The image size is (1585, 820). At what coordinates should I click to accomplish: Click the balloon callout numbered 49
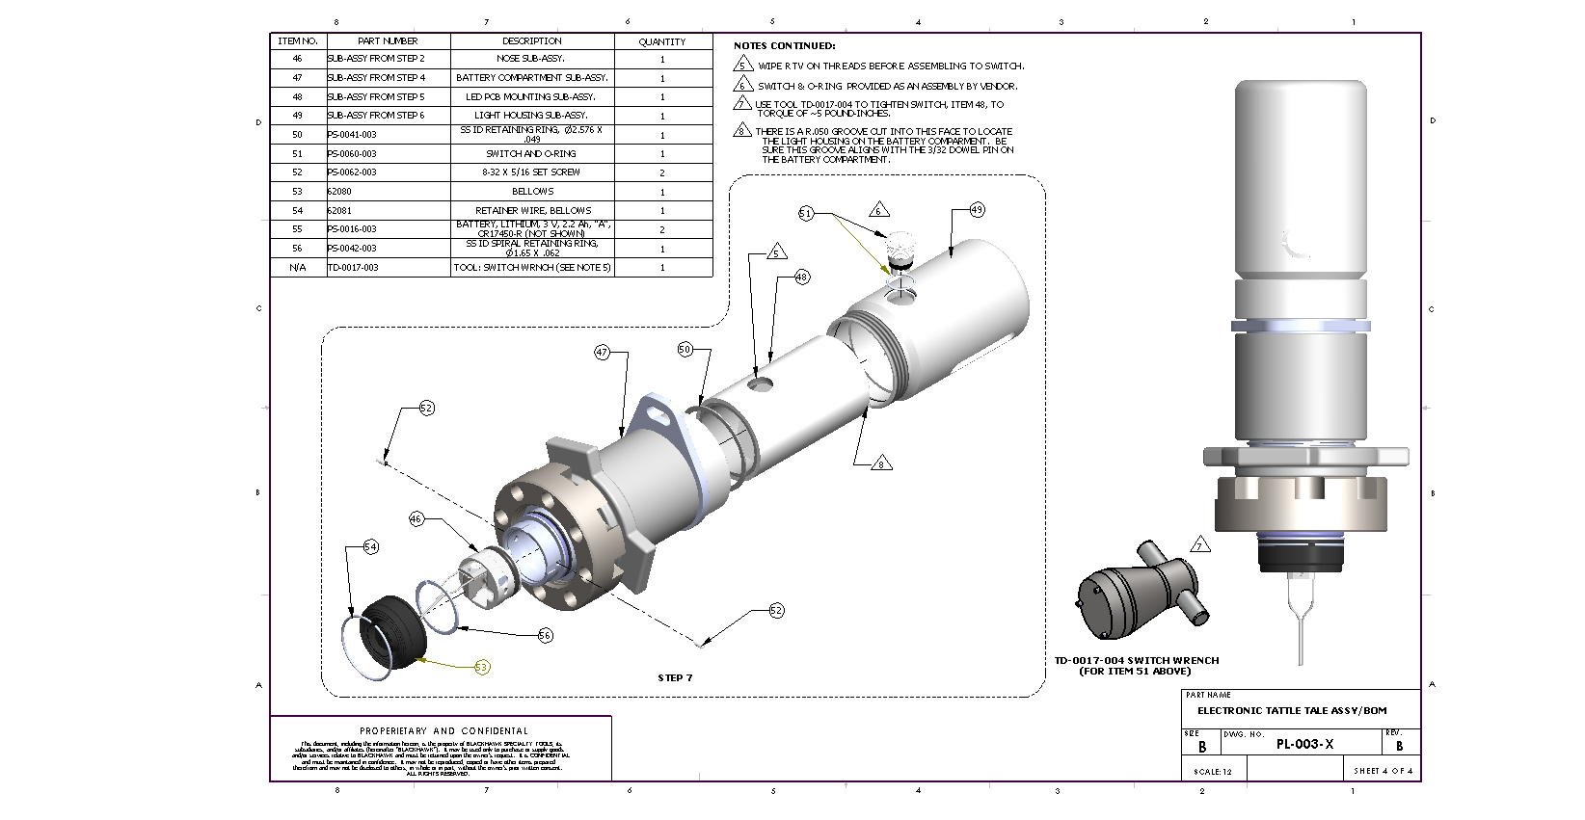(977, 210)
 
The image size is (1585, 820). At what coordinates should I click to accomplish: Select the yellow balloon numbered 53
(482, 667)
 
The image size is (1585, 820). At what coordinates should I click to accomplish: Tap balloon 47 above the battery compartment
(603, 353)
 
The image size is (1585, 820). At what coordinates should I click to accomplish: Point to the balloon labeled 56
(546, 635)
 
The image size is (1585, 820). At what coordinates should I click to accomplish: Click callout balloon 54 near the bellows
(370, 547)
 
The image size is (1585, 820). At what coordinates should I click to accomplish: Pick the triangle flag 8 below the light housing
(880, 463)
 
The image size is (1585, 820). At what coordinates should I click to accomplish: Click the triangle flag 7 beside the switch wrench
(1200, 545)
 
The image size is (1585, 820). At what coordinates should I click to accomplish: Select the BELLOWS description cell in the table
(532, 192)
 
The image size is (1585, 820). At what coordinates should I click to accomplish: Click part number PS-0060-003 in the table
(352, 154)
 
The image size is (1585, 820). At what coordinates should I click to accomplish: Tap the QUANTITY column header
(662, 41)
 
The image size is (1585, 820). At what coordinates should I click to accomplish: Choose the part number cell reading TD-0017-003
(353, 268)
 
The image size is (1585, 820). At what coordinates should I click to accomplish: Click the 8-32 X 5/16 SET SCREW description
(532, 172)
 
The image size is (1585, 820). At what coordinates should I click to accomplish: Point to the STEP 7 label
(675, 678)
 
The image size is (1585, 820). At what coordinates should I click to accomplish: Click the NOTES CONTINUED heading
(784, 45)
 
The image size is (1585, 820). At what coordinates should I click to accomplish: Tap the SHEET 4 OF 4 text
(1383, 771)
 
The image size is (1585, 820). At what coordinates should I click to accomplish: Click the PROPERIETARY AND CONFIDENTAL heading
(443, 731)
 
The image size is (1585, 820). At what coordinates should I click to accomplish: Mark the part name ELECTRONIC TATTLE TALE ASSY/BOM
(1292, 711)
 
